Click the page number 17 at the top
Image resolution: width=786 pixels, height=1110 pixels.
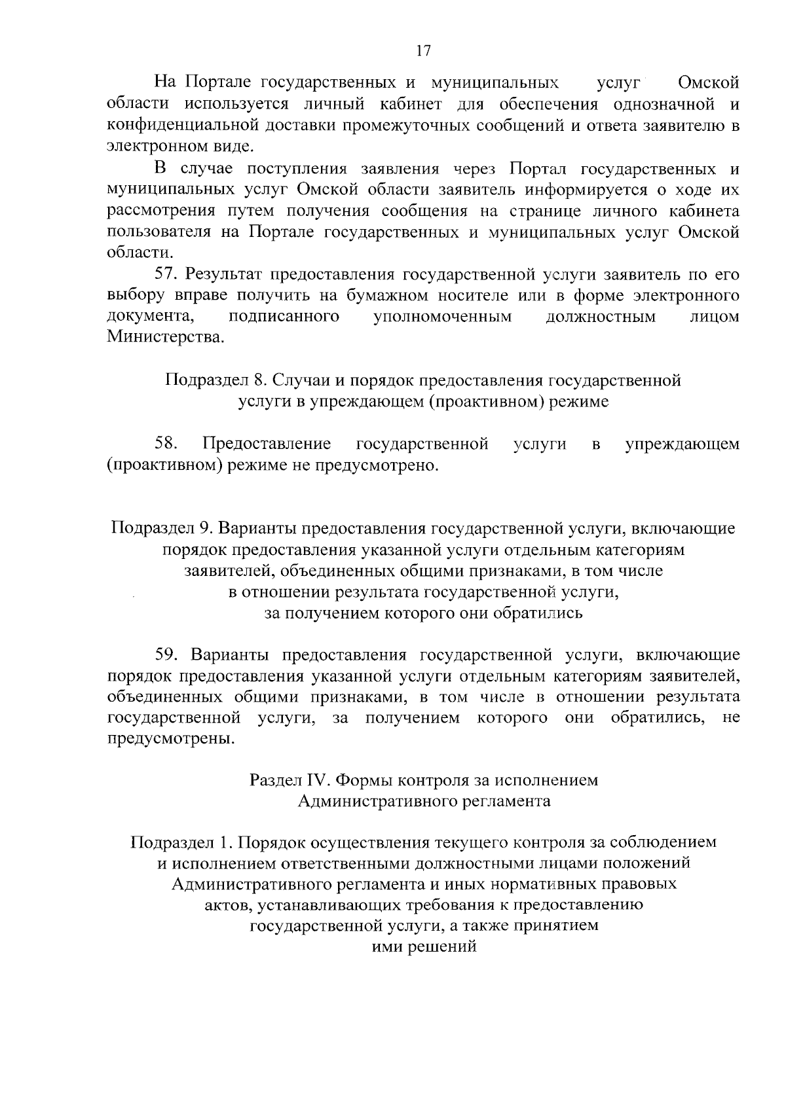(x=423, y=51)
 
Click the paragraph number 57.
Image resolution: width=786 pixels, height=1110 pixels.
(x=168, y=274)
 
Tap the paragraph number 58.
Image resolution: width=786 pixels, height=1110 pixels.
(x=168, y=444)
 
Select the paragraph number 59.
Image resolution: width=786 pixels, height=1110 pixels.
(x=168, y=655)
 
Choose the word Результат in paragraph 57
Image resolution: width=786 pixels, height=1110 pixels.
(x=224, y=274)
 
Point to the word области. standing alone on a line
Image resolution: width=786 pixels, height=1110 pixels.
(x=140, y=253)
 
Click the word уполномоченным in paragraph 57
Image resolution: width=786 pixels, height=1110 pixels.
(x=442, y=317)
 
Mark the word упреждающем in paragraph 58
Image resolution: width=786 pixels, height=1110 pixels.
(x=682, y=444)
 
